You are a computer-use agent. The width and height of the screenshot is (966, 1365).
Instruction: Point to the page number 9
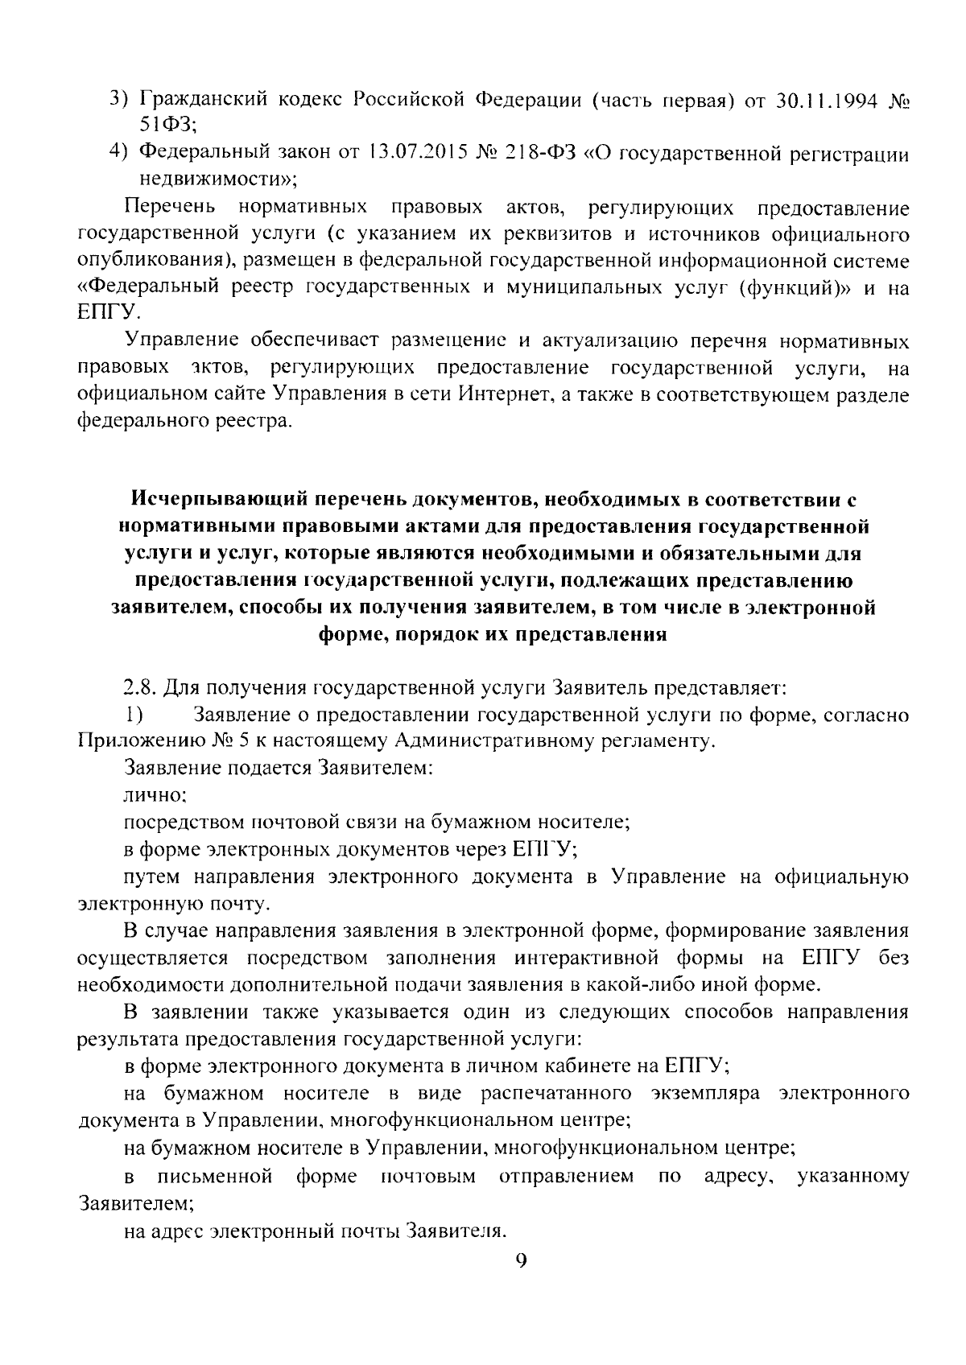(520, 1260)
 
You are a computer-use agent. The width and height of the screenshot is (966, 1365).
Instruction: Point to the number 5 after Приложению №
(244, 742)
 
